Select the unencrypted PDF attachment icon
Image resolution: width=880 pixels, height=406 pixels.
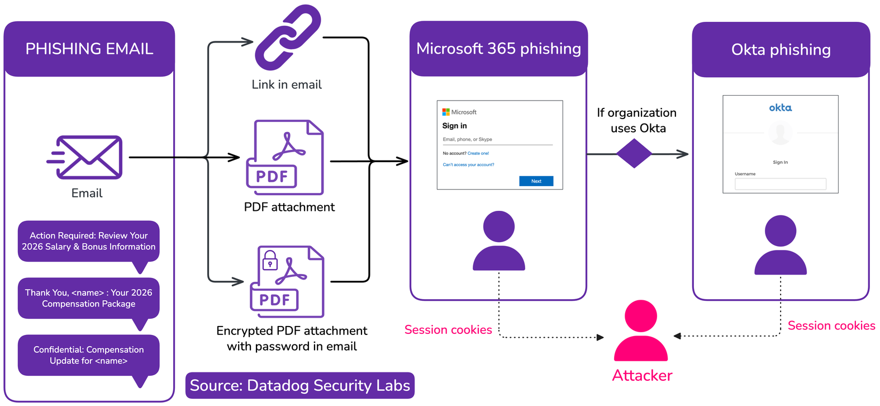click(x=286, y=157)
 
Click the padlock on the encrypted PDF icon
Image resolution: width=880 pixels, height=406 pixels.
click(x=270, y=261)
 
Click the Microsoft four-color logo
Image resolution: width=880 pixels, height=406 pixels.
click(x=446, y=112)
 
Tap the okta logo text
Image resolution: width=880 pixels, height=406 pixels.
click(x=780, y=107)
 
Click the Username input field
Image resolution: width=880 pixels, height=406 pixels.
click(x=780, y=184)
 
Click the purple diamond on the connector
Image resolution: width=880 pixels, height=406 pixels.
click(x=634, y=153)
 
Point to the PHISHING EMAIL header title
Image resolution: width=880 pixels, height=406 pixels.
click(x=89, y=49)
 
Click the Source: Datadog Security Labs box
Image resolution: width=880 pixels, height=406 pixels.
click(x=300, y=385)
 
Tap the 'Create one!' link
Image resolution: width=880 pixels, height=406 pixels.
click(x=478, y=153)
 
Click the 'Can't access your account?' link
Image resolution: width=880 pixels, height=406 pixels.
click(x=468, y=165)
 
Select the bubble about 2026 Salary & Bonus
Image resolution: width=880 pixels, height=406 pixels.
click(x=89, y=241)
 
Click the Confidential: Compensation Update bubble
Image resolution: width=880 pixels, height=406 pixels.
click(x=89, y=355)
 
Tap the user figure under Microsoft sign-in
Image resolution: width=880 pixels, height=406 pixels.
click(x=498, y=241)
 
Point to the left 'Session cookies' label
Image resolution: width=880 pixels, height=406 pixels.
click(x=448, y=330)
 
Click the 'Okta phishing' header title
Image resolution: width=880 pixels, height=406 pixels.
click(x=781, y=50)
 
